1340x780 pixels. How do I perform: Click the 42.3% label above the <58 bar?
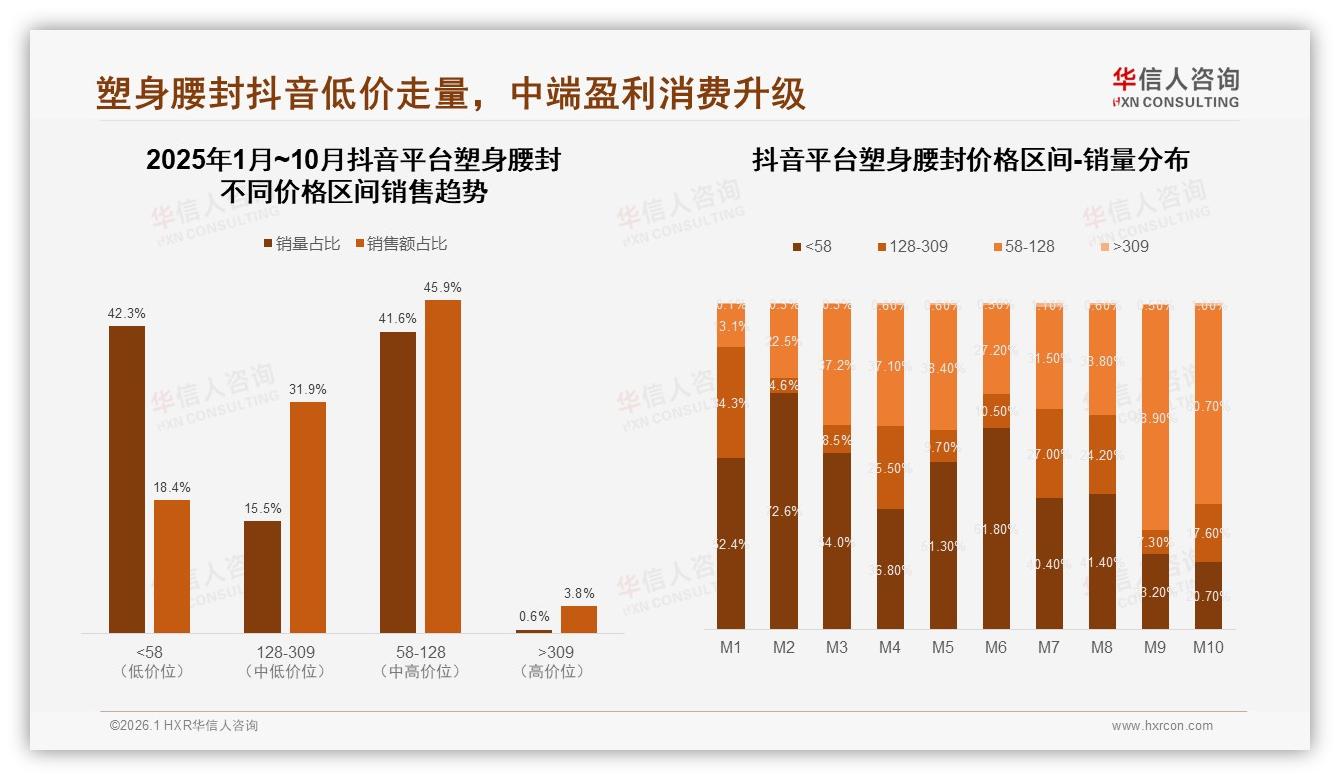[126, 313]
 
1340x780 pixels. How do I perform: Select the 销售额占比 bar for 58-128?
[443, 465]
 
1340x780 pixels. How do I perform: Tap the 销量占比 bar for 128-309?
[262, 576]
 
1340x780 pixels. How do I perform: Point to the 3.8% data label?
[578, 593]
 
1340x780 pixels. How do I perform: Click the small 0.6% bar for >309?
[533, 631]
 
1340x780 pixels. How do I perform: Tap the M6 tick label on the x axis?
[995, 647]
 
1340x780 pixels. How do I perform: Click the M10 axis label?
[1207, 647]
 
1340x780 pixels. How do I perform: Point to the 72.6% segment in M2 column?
[783, 511]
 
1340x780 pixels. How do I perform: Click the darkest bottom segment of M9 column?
[1154, 591]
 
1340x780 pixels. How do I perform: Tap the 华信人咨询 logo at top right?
[1175, 87]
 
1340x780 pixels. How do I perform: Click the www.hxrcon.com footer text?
[1162, 726]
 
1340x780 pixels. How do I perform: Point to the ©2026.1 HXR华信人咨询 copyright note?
[183, 726]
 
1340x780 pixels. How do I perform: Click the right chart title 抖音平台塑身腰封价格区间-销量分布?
[970, 160]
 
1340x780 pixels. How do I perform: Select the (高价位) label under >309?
[551, 672]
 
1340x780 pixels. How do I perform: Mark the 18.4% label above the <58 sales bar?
[172, 487]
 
